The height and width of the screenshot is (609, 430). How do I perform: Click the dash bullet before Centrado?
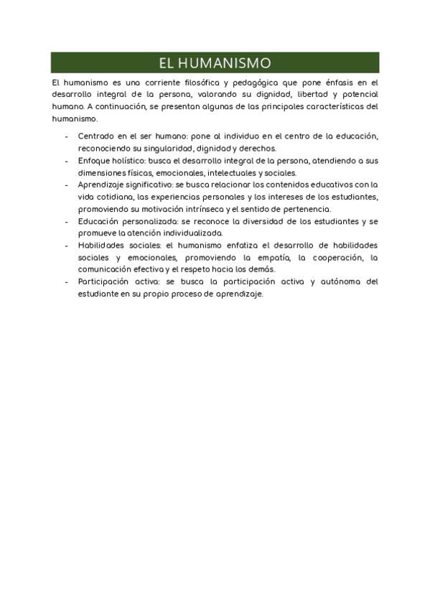click(66, 136)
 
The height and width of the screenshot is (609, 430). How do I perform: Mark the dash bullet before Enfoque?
click(66, 161)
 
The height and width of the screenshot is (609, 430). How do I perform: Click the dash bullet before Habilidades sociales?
click(66, 245)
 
